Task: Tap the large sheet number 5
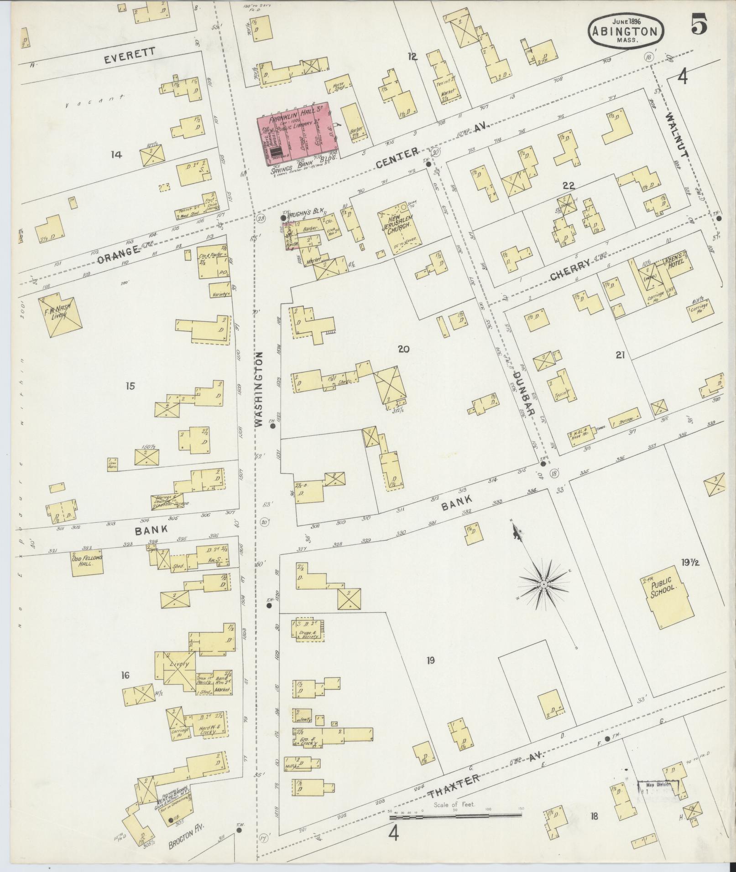[699, 24]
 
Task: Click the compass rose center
[544, 584]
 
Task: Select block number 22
[568, 186]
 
